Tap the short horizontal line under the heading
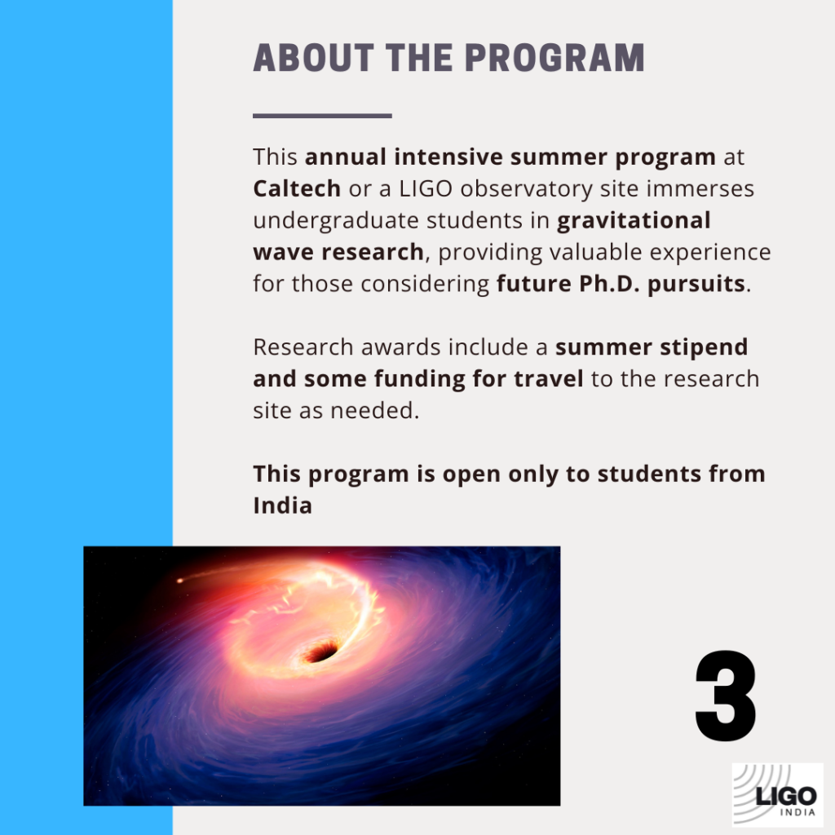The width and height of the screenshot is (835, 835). tap(322, 116)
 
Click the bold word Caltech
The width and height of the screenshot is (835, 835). tap(297, 188)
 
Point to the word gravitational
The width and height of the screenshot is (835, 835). tap(634, 220)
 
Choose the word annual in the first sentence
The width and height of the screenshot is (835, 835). tap(346, 157)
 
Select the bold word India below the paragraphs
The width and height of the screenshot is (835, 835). tap(282, 506)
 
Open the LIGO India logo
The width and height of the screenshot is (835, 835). tap(777, 795)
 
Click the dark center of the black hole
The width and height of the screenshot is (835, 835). tap(320, 652)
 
